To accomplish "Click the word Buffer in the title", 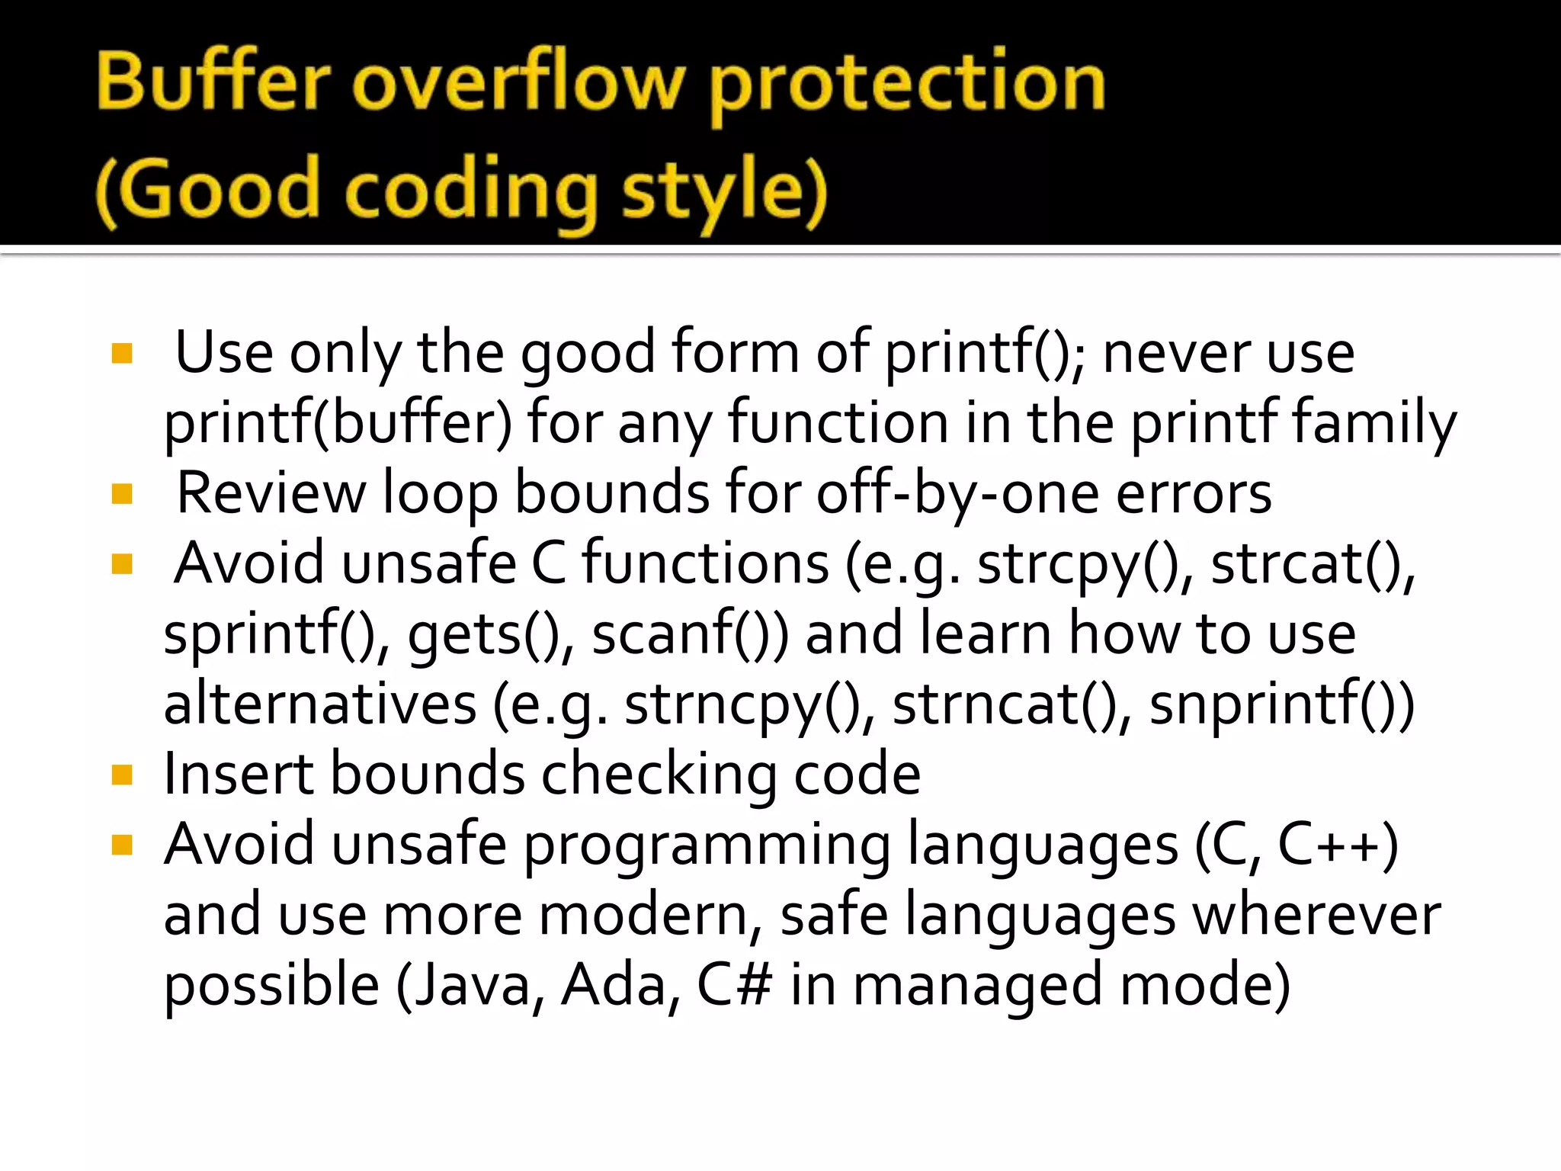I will pyautogui.click(x=214, y=82).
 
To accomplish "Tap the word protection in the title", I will pyautogui.click(x=907, y=84).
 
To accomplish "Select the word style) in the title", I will pyautogui.click(x=725, y=191).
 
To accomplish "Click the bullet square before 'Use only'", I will pyautogui.click(x=122, y=353).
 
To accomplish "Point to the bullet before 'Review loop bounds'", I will pyautogui.click(x=122, y=494).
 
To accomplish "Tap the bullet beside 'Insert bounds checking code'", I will pyautogui.click(x=122, y=775).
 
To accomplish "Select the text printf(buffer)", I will pyautogui.click(x=338, y=423).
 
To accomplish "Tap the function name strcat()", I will pyautogui.click(x=1311, y=565).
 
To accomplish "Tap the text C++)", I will pyautogui.click(x=1338, y=845).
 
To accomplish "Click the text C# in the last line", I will pyautogui.click(x=734, y=985).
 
